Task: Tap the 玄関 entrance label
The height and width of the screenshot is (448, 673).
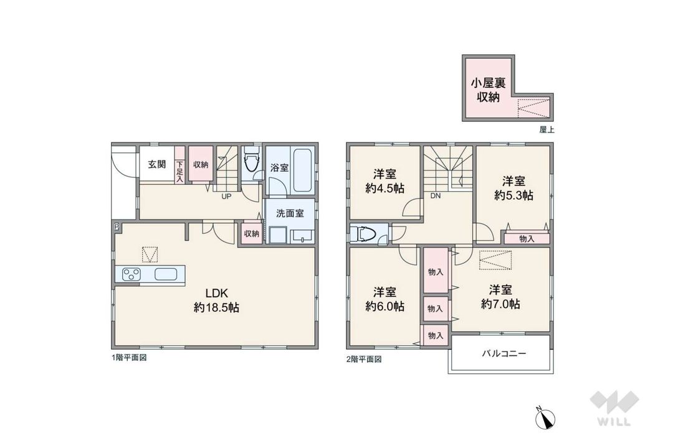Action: [x=156, y=164]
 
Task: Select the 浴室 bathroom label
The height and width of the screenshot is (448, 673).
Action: [x=279, y=167]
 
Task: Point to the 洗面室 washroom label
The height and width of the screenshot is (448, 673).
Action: [x=290, y=213]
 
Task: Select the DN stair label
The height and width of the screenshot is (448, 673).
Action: [x=434, y=195]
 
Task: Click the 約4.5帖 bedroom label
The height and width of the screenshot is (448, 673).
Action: [x=384, y=182]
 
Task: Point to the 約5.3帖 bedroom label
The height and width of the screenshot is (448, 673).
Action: [x=513, y=188]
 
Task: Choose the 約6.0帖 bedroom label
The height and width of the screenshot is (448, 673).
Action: [x=384, y=299]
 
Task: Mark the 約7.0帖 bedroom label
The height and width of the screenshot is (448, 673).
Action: [x=500, y=297]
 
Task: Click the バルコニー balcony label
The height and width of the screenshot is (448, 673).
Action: [x=504, y=353]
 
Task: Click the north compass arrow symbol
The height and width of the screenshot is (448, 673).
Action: [x=546, y=420]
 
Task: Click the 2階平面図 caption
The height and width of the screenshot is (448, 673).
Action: [x=363, y=359]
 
